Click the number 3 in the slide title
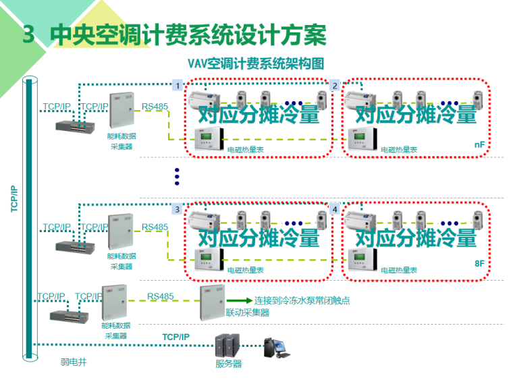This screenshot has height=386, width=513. point(28,34)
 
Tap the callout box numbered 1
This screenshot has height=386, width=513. point(178,86)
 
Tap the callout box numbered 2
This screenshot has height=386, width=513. point(334,86)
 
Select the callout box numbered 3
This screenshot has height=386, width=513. point(178,209)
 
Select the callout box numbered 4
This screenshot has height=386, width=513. point(334,209)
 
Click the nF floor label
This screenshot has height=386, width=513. point(479,145)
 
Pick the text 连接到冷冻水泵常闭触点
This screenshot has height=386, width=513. point(302,301)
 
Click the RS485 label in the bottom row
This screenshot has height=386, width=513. point(161,296)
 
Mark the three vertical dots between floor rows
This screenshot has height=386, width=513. point(177,176)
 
